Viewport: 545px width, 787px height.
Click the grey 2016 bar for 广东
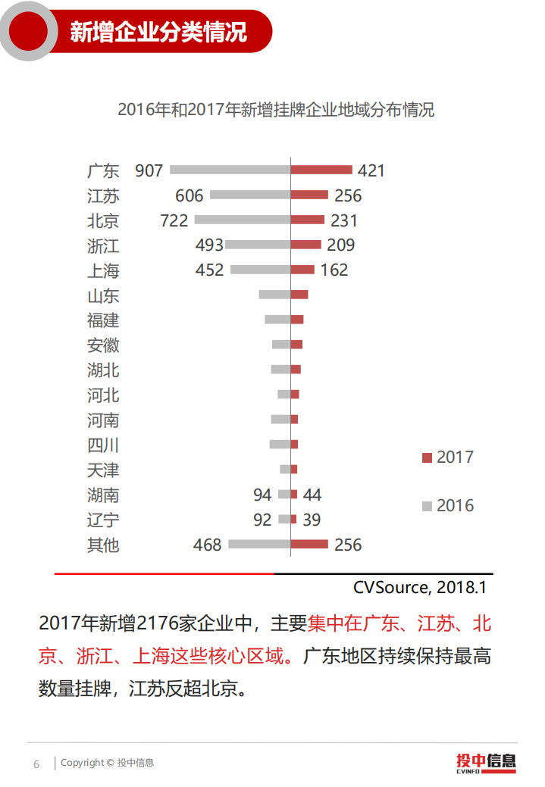pyautogui.click(x=230, y=170)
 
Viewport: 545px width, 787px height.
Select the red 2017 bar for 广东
pyautogui.click(x=321, y=170)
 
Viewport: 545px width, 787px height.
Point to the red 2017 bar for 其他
pyautogui.click(x=309, y=544)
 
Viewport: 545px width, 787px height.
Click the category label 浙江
pyautogui.click(x=103, y=245)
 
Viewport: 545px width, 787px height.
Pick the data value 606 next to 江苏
pyautogui.click(x=189, y=195)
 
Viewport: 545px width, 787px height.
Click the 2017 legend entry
pyautogui.click(x=448, y=457)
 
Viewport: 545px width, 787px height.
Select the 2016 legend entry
pyautogui.click(x=448, y=505)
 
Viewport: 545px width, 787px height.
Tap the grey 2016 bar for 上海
pyautogui.click(x=260, y=270)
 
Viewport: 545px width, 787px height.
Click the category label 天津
pyautogui.click(x=103, y=470)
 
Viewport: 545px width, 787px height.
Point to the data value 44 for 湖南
pyautogui.click(x=312, y=495)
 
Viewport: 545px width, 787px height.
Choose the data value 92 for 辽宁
pyautogui.click(x=262, y=520)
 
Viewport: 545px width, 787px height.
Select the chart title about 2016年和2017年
pyautogui.click(x=276, y=109)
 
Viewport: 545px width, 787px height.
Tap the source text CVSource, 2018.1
pyautogui.click(x=419, y=587)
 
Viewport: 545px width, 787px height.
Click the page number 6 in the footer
pyautogui.click(x=36, y=764)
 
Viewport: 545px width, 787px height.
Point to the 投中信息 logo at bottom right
pyautogui.click(x=485, y=762)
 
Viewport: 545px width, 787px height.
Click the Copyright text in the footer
pyautogui.click(x=107, y=763)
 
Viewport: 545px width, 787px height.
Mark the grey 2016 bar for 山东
pyautogui.click(x=274, y=294)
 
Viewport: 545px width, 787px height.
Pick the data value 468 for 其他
pyautogui.click(x=207, y=545)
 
